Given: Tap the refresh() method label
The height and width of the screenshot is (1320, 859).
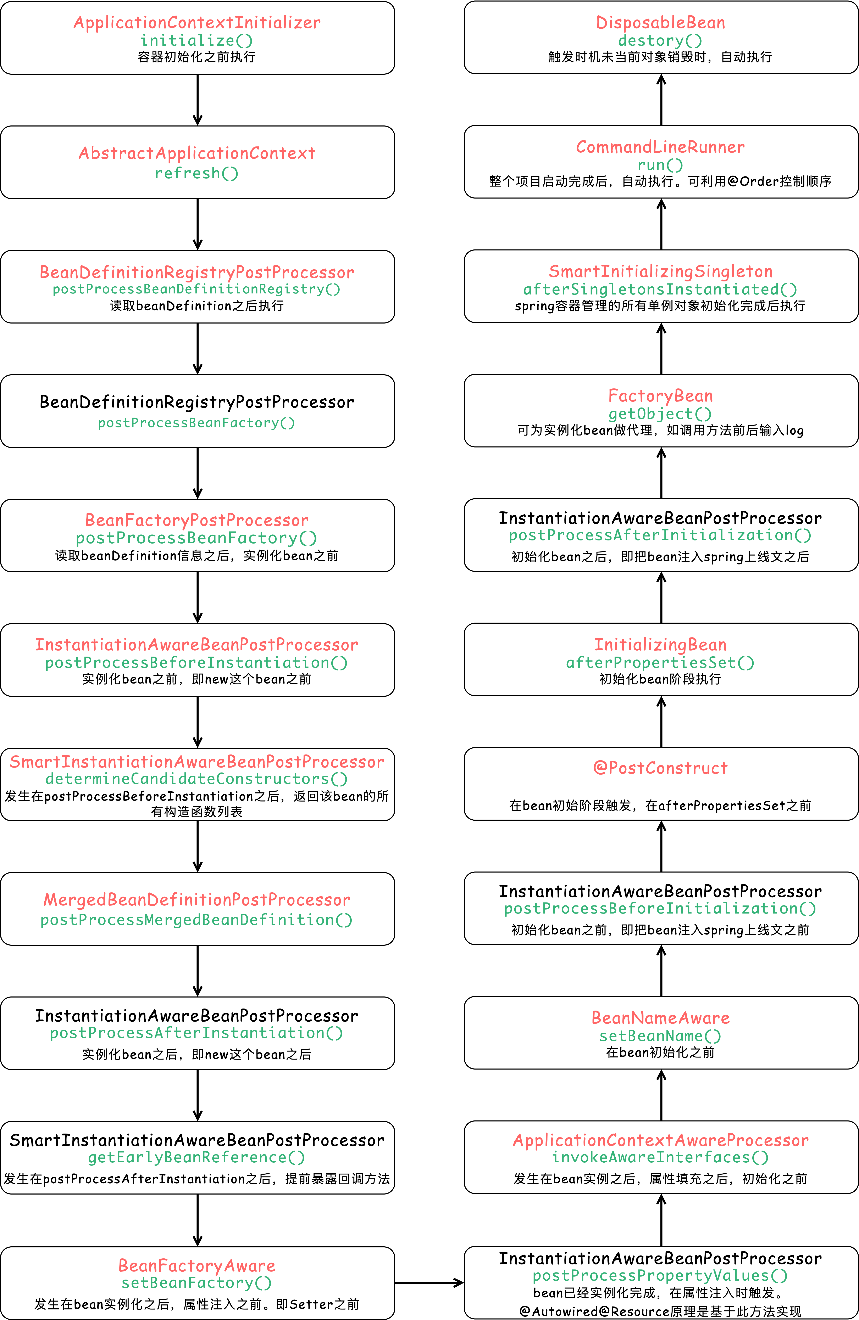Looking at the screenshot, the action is [197, 173].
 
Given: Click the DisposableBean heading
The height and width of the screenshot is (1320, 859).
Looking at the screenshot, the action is [661, 23].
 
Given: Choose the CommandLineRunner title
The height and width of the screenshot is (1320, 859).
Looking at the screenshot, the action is [661, 147].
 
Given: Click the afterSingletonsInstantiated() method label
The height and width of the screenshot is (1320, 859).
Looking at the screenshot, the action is [661, 289].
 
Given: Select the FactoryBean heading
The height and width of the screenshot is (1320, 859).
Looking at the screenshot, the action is [661, 396].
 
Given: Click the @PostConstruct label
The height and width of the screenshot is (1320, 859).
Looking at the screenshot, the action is [661, 768].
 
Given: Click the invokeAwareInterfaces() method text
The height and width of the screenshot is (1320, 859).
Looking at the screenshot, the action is [661, 1157].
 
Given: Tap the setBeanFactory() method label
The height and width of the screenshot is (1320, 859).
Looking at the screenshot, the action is [197, 1283].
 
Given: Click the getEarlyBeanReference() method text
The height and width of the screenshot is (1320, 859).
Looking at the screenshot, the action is [197, 1157].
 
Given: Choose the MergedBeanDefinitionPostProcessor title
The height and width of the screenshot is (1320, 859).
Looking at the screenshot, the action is [197, 900].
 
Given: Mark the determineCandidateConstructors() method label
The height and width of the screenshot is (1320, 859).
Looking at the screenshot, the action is [197, 779].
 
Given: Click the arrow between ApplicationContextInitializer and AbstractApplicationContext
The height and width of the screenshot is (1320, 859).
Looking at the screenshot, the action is [198, 100].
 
